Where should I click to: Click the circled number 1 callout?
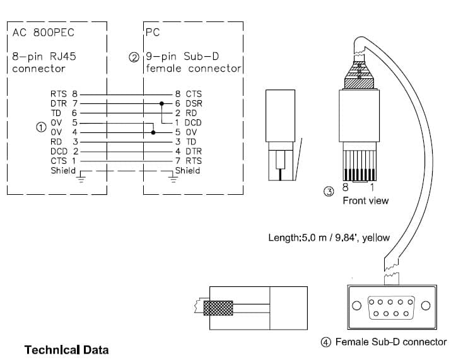[41, 127]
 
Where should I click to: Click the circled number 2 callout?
[134, 57]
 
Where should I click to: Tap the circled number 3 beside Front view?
[329, 191]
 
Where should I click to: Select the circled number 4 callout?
[325, 342]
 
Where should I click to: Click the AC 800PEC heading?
[44, 33]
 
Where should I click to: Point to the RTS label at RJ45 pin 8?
[59, 94]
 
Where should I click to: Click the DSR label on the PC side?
[194, 103]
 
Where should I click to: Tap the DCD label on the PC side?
[193, 122]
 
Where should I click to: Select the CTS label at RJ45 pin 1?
[59, 161]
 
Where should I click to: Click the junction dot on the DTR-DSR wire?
[161, 103]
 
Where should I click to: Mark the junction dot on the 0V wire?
[153, 132]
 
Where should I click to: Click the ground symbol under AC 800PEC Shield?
[81, 179]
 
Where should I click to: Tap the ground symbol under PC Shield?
[173, 179]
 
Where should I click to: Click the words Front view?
[366, 200]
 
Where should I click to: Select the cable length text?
[329, 238]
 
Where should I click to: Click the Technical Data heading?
[67, 350]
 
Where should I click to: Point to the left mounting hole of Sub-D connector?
[356, 305]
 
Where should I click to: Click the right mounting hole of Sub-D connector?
[426, 305]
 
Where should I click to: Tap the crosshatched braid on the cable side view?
[218, 308]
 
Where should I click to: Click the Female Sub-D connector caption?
[391, 342]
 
